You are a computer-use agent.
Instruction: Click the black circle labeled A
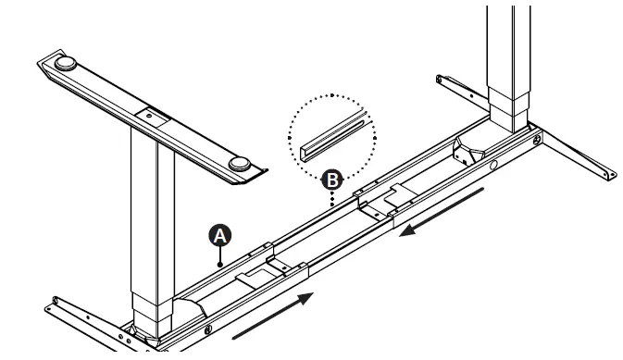point(220,235)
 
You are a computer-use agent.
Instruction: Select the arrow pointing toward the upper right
point(273,315)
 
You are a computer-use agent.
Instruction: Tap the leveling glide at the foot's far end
point(68,65)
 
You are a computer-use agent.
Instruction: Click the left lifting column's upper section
point(152,194)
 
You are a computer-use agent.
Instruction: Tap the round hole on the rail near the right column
point(494,167)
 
